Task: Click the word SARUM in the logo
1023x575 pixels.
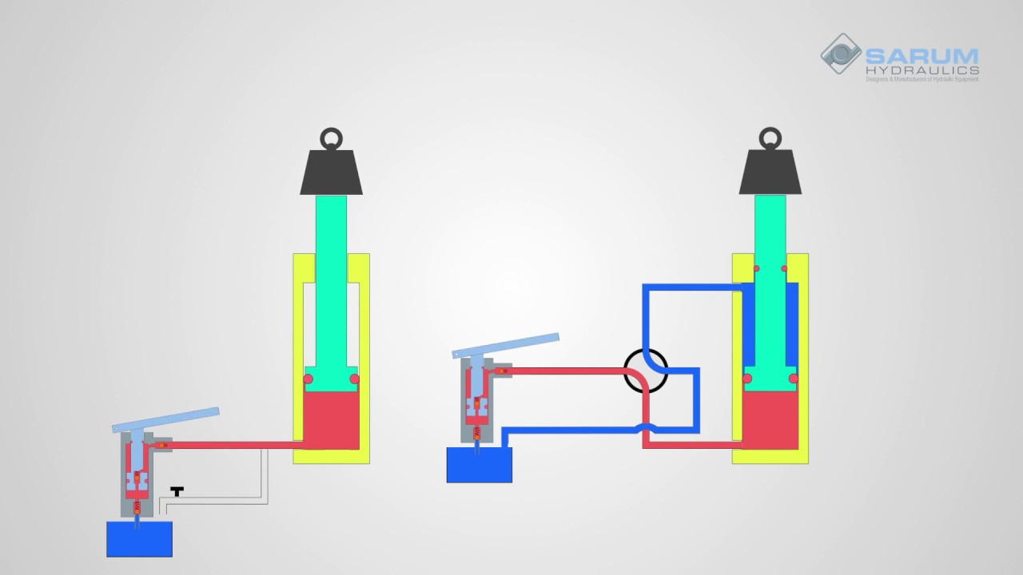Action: (x=921, y=57)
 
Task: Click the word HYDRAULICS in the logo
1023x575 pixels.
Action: (x=922, y=70)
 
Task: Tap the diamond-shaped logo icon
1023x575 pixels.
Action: (x=840, y=54)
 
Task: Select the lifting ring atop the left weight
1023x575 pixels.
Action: (x=331, y=138)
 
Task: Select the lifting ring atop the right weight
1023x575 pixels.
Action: (x=770, y=138)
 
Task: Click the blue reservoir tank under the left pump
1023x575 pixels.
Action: (x=139, y=539)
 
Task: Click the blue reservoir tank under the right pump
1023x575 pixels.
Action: (x=479, y=465)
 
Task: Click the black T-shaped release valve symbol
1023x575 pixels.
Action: (x=177, y=491)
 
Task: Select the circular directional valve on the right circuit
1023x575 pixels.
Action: (x=646, y=371)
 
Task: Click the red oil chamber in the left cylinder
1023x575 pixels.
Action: (x=331, y=419)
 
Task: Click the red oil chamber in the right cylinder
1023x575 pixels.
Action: (x=770, y=419)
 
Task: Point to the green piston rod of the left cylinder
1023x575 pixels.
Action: (x=331, y=280)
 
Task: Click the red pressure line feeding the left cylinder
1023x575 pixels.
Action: (x=232, y=445)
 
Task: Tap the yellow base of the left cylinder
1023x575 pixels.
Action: (x=331, y=456)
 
